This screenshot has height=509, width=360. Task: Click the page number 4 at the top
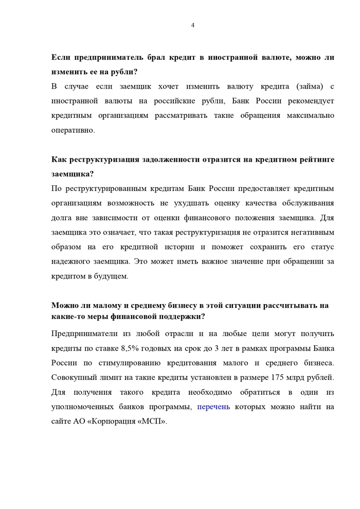(x=192, y=25)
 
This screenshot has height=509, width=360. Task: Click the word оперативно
(x=74, y=130)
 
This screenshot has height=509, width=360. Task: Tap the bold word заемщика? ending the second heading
(x=73, y=174)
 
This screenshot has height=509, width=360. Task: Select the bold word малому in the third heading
(x=100, y=306)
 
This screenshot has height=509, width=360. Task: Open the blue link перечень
(x=213, y=407)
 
